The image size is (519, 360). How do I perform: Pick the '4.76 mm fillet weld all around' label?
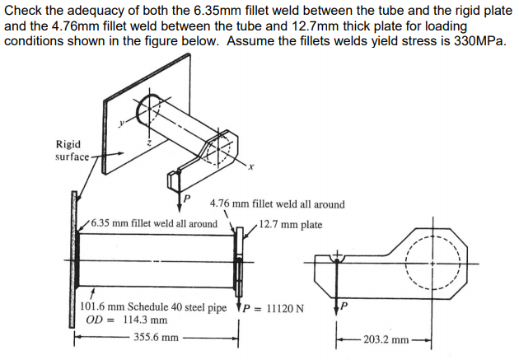pos(278,204)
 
